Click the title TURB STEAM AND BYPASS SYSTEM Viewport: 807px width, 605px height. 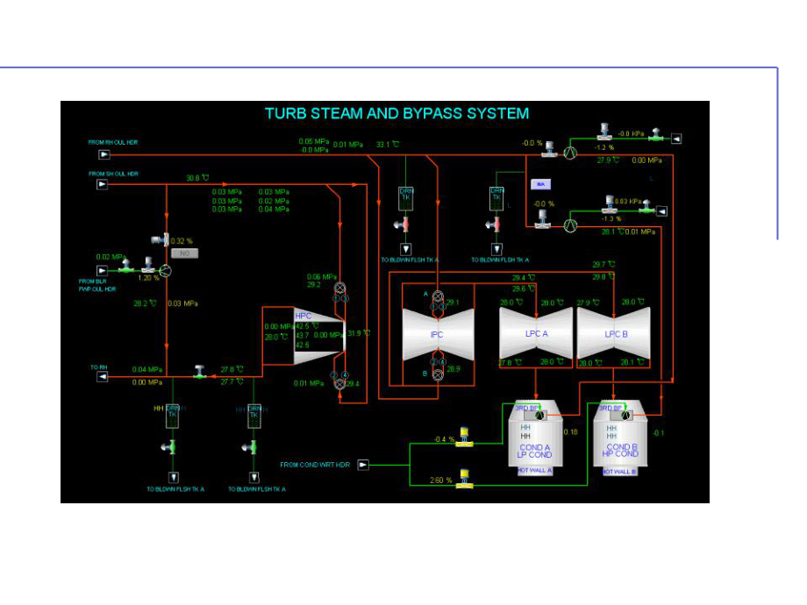[396, 113]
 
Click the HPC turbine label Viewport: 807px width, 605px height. [304, 316]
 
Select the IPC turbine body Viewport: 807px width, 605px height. [437, 334]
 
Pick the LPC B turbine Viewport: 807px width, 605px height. [613, 334]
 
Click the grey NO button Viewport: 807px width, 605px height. [183, 253]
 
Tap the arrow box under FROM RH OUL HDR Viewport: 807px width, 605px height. [104, 154]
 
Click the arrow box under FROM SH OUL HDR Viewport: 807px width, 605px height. [104, 184]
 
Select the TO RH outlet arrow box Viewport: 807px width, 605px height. [103, 377]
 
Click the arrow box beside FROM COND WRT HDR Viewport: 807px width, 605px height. [363, 465]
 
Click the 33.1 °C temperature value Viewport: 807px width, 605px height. [387, 144]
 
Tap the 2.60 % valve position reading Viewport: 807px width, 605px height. [442, 480]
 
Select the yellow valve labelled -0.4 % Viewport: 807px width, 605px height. [465, 439]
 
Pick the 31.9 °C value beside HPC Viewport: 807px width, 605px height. [359, 333]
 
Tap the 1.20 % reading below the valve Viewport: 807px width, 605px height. [149, 277]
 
